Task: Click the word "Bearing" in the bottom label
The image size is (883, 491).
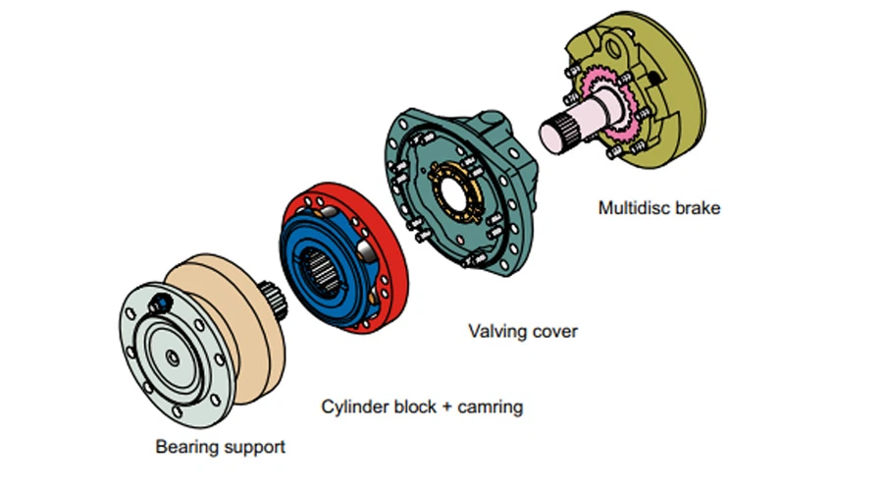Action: [186, 447]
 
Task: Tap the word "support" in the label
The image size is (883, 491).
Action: [253, 448]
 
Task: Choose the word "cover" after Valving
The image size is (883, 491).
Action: [555, 331]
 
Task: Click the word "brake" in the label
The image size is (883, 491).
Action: [700, 208]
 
